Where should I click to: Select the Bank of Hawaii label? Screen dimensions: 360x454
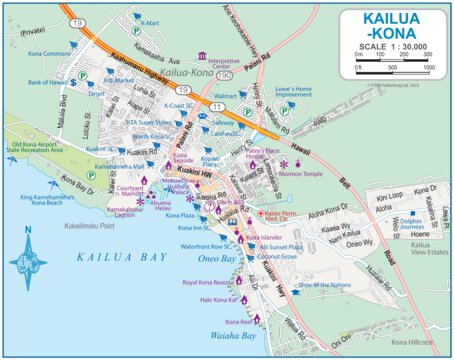tap(46, 82)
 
